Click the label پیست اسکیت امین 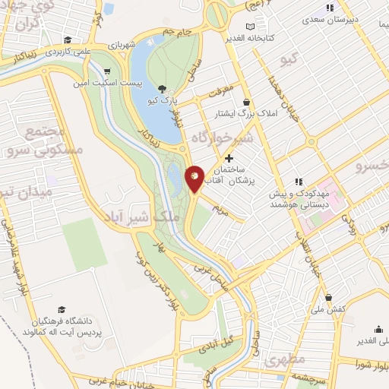(x=104, y=81)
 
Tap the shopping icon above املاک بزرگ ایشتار (x=246, y=102)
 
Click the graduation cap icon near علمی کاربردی (x=68, y=40)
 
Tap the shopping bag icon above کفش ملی (x=328, y=297)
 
